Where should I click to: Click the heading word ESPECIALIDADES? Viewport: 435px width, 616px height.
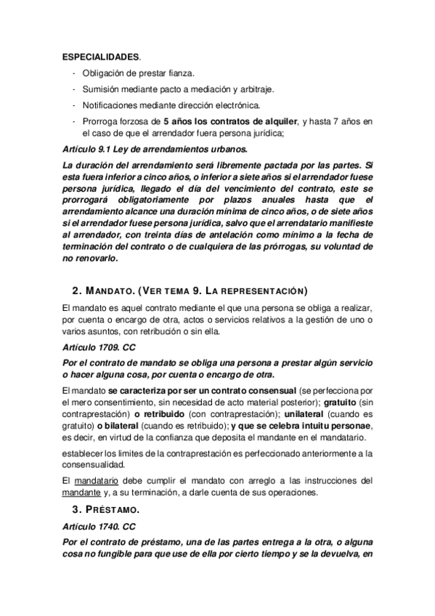101,56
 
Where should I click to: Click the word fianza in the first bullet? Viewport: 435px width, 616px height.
181,73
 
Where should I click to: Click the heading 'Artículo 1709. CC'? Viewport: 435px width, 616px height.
99,348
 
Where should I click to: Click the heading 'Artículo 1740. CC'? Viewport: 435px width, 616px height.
99,530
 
